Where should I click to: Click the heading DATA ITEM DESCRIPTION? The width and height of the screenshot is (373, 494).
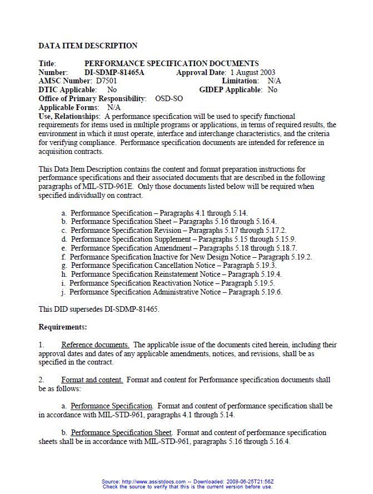88,46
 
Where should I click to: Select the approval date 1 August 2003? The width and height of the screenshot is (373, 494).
252,72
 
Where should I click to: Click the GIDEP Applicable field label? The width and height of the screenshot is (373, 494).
231,89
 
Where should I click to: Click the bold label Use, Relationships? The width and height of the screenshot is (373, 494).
69,116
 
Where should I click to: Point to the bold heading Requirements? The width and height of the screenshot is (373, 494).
63,327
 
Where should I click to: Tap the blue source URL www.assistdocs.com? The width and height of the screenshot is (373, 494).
156,482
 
